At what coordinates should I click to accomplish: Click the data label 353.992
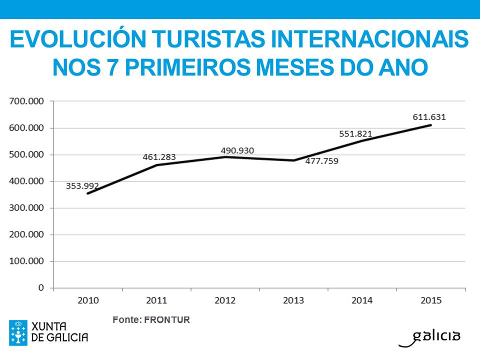(82, 186)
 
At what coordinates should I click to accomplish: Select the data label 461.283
(159, 157)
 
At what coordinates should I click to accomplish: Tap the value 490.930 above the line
(241, 150)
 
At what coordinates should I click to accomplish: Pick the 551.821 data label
(355, 133)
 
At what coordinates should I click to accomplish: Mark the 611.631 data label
(429, 117)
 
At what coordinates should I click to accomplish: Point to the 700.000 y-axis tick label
(27, 101)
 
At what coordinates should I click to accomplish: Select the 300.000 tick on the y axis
(27, 208)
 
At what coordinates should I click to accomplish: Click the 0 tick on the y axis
(41, 288)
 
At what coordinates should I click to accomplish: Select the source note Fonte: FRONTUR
(151, 319)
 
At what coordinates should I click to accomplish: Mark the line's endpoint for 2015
(430, 125)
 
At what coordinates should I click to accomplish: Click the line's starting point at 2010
(87, 193)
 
